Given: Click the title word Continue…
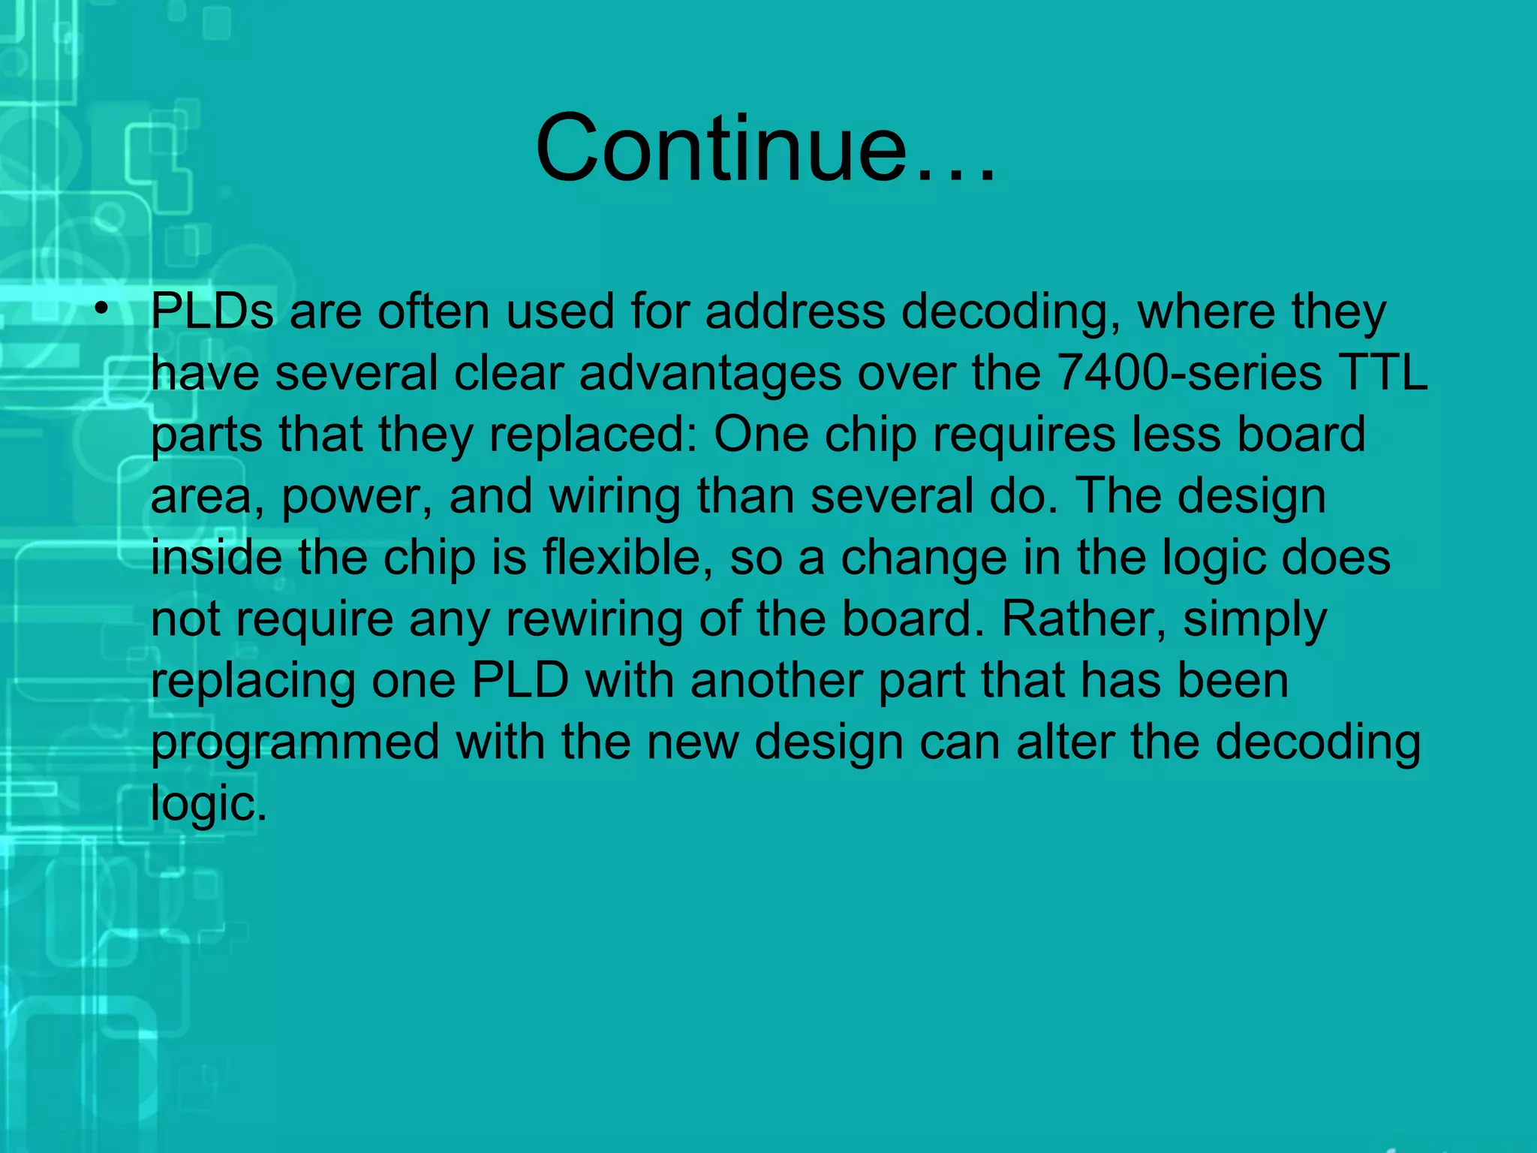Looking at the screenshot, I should pos(766,148).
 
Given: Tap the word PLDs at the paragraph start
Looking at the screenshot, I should pos(212,312).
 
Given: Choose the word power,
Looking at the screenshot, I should pos(356,498).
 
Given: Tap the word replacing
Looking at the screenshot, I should pos(252,682).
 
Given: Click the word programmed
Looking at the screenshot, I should pos(295,744).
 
